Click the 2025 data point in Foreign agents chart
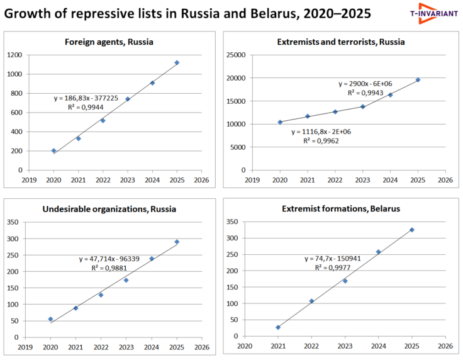click(x=177, y=62)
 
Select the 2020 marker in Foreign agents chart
click(x=53, y=151)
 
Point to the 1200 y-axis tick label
click(x=14, y=55)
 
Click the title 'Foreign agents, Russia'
click(x=109, y=42)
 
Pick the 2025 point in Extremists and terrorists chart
click(x=418, y=80)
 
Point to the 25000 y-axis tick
click(x=235, y=55)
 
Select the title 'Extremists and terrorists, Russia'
click(x=341, y=42)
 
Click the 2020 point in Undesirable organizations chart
click(x=50, y=319)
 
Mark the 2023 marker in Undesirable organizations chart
click(x=126, y=280)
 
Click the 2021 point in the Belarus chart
click(x=278, y=327)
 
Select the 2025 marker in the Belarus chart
click(x=412, y=230)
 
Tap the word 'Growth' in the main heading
click(x=30, y=13)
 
